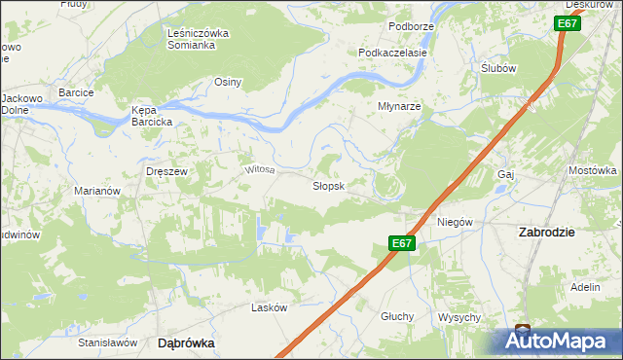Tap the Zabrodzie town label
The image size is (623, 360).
547,233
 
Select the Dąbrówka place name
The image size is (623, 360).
186,343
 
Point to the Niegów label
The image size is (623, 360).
454,222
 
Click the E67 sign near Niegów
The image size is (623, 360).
403,245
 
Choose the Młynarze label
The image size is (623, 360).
399,107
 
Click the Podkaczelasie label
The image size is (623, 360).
393,53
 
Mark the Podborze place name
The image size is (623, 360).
410,25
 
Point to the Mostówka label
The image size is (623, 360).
593,170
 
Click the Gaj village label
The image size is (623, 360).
504,174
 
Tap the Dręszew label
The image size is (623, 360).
165,170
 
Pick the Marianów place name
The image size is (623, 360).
97,192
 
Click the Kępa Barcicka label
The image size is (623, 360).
152,117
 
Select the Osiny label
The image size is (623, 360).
228,82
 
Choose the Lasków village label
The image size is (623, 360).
270,307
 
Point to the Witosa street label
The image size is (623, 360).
260,169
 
